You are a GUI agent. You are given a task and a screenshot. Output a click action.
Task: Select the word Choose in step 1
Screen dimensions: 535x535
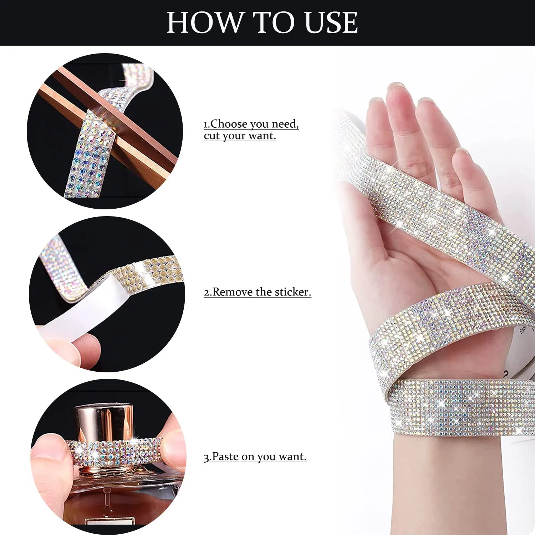point(229,124)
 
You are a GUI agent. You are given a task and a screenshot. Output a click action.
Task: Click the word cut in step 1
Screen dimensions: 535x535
point(212,136)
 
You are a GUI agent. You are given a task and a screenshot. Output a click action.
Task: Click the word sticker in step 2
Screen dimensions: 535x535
point(291,292)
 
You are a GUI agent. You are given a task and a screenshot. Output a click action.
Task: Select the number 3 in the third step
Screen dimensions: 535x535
point(206,457)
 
